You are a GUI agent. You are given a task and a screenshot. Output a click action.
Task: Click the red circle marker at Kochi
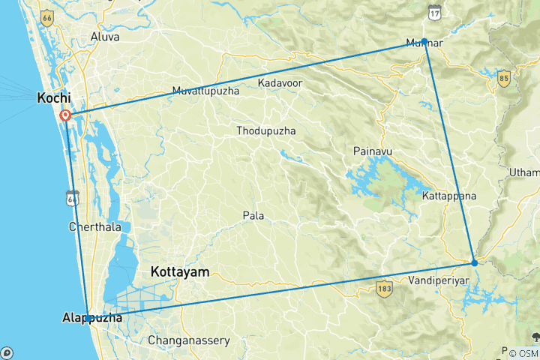click(x=65, y=115)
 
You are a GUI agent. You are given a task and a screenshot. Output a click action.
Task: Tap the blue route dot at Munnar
click(x=424, y=41)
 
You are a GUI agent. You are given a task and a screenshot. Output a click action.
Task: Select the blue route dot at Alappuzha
click(x=88, y=318)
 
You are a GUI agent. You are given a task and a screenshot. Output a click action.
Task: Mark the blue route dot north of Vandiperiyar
click(x=474, y=262)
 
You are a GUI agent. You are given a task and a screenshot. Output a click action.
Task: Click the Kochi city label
click(x=54, y=97)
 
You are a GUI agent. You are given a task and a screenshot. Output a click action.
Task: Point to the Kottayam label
click(x=180, y=271)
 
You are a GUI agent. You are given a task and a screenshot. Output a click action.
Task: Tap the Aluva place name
click(x=104, y=36)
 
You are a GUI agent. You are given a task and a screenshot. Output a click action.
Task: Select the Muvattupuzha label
click(x=205, y=91)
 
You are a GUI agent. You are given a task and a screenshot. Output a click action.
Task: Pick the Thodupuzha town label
click(x=265, y=130)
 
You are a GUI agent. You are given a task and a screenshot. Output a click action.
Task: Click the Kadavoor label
click(x=280, y=82)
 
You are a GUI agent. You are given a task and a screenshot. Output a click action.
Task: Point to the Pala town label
click(x=253, y=216)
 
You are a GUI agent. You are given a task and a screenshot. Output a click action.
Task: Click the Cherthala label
click(x=93, y=226)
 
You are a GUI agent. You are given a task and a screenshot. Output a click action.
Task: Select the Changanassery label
click(x=188, y=340)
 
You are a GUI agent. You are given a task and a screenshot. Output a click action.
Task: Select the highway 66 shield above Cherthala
click(x=72, y=197)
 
